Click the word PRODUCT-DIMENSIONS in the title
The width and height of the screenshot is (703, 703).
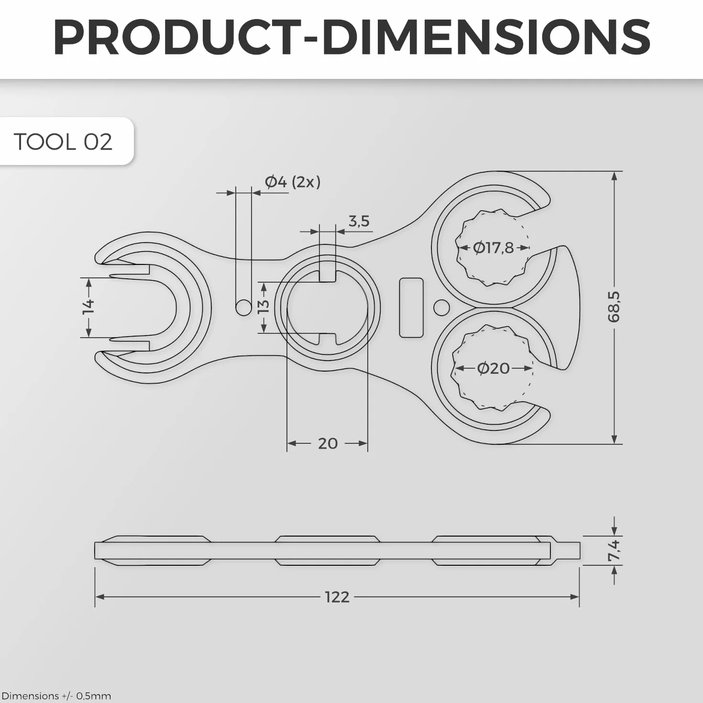point(351,38)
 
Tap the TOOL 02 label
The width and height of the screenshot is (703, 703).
point(63,142)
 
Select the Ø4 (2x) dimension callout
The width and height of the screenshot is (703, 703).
point(293,182)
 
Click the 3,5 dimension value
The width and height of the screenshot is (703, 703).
point(359,221)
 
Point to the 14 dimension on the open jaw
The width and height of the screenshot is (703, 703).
point(88,307)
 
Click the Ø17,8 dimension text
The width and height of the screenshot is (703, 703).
point(493,248)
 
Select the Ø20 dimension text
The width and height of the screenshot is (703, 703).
point(493,368)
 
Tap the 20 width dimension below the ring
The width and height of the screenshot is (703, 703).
point(328,444)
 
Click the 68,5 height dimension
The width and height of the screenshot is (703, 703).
point(614,307)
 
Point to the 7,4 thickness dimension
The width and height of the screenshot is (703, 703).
point(614,550)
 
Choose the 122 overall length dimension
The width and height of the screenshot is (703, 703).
point(337,597)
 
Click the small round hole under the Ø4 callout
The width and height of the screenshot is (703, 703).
point(244,308)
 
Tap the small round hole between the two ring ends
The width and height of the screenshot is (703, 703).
point(442,308)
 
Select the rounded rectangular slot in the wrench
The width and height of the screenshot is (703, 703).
point(411,308)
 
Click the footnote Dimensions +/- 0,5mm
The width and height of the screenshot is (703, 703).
point(56,696)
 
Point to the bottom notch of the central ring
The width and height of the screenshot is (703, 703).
point(328,339)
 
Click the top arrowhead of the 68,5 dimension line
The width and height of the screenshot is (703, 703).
point(615,176)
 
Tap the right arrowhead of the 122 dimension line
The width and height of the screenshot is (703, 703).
point(574,597)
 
